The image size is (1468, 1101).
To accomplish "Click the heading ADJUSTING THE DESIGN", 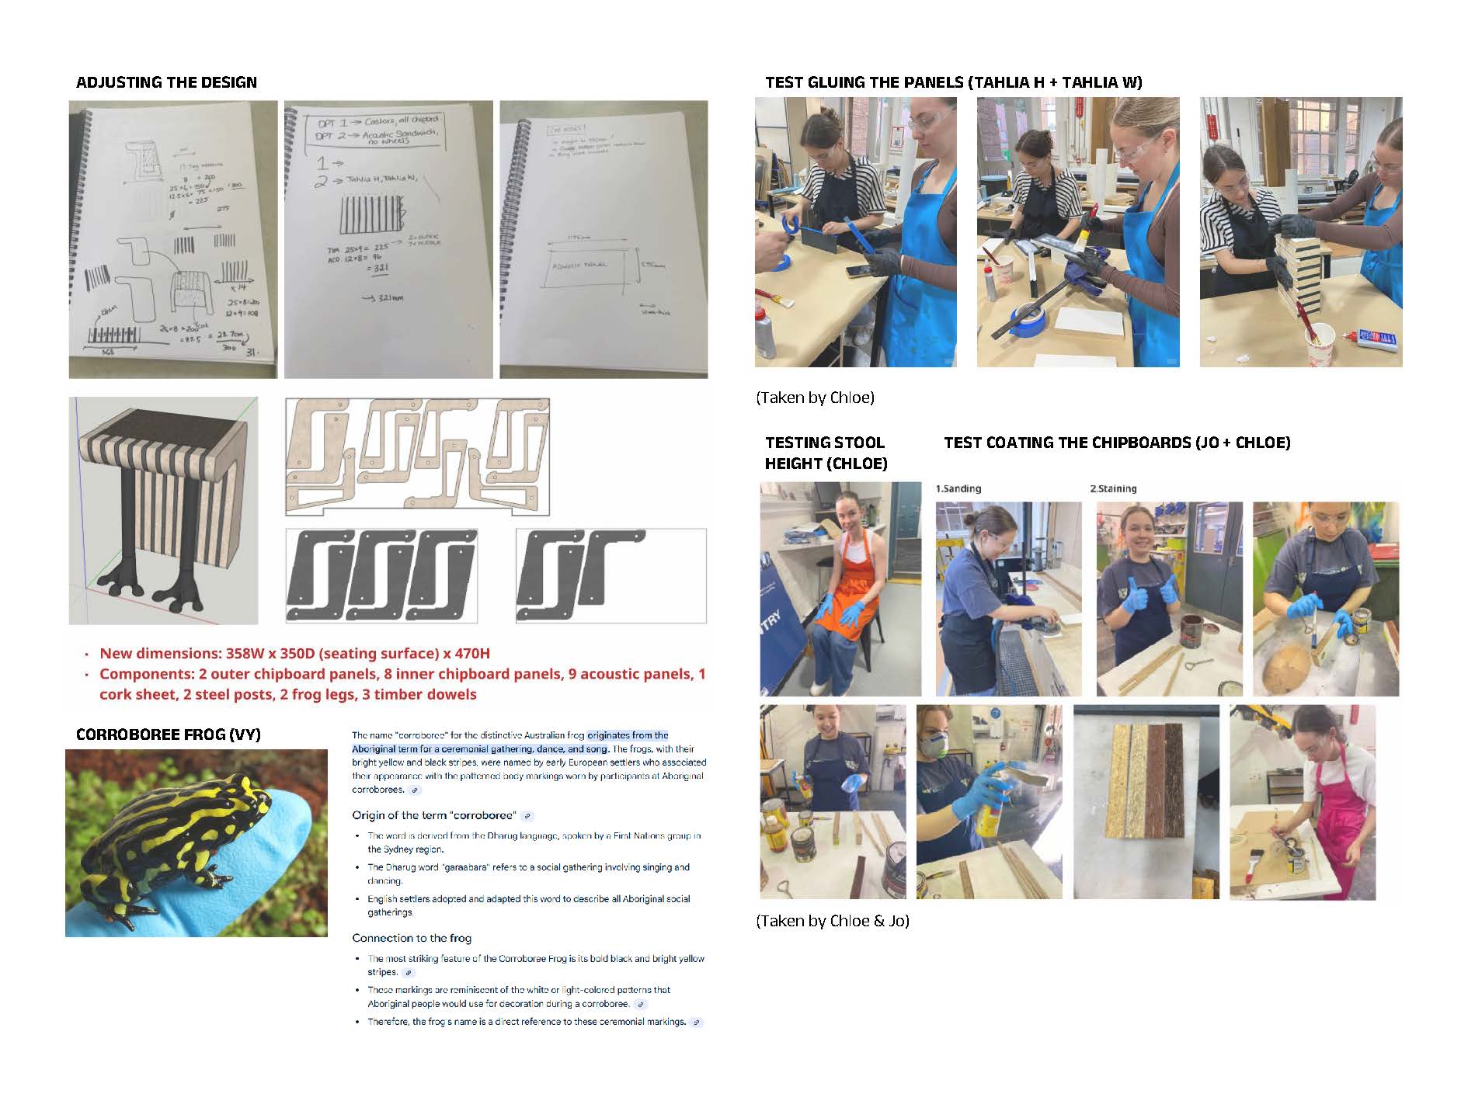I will pos(166,82).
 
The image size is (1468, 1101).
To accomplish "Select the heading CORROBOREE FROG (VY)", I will pos(168,735).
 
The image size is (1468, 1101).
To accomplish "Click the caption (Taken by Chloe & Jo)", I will pos(832,921).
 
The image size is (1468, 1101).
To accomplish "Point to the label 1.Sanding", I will pos(958,488).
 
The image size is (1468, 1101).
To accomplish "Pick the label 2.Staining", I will pos(1112,488).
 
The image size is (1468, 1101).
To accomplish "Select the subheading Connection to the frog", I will pos(412,938).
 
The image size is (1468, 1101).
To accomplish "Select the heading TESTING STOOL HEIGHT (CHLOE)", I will pos(826,453).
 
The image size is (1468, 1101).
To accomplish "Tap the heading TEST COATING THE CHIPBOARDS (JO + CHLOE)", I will pos(1117,443).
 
